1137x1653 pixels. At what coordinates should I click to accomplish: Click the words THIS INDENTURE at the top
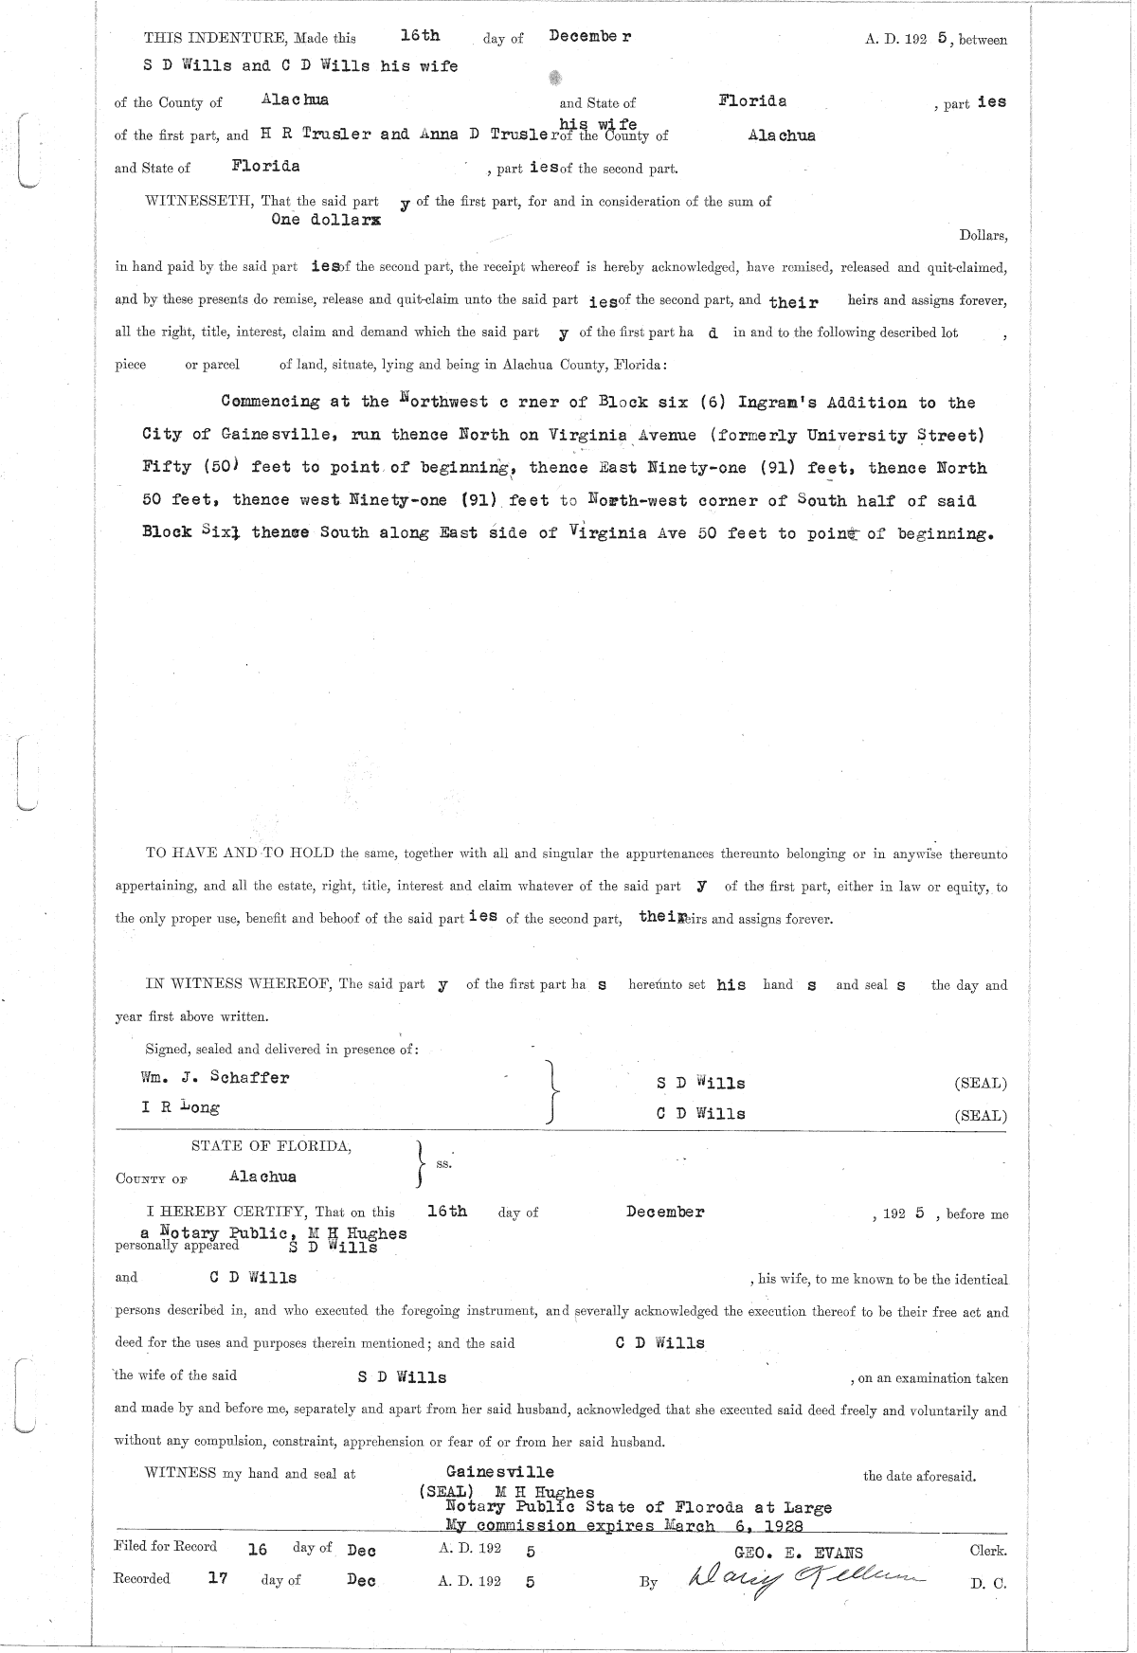[214, 39]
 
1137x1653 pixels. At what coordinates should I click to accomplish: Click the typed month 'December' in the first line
[589, 36]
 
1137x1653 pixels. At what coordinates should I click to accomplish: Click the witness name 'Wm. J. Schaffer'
[215, 1077]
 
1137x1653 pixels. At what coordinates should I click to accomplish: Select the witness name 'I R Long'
[180, 1106]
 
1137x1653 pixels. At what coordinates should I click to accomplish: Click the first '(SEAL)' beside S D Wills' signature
[981, 1084]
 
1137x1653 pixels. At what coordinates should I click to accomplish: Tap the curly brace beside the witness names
[552, 1091]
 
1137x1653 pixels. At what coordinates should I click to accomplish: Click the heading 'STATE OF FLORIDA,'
[271, 1146]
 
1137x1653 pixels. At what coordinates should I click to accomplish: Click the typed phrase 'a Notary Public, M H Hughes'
[274, 1233]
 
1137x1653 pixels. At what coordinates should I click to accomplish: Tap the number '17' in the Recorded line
[217, 1579]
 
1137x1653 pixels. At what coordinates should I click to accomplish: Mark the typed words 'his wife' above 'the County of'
[597, 124]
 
